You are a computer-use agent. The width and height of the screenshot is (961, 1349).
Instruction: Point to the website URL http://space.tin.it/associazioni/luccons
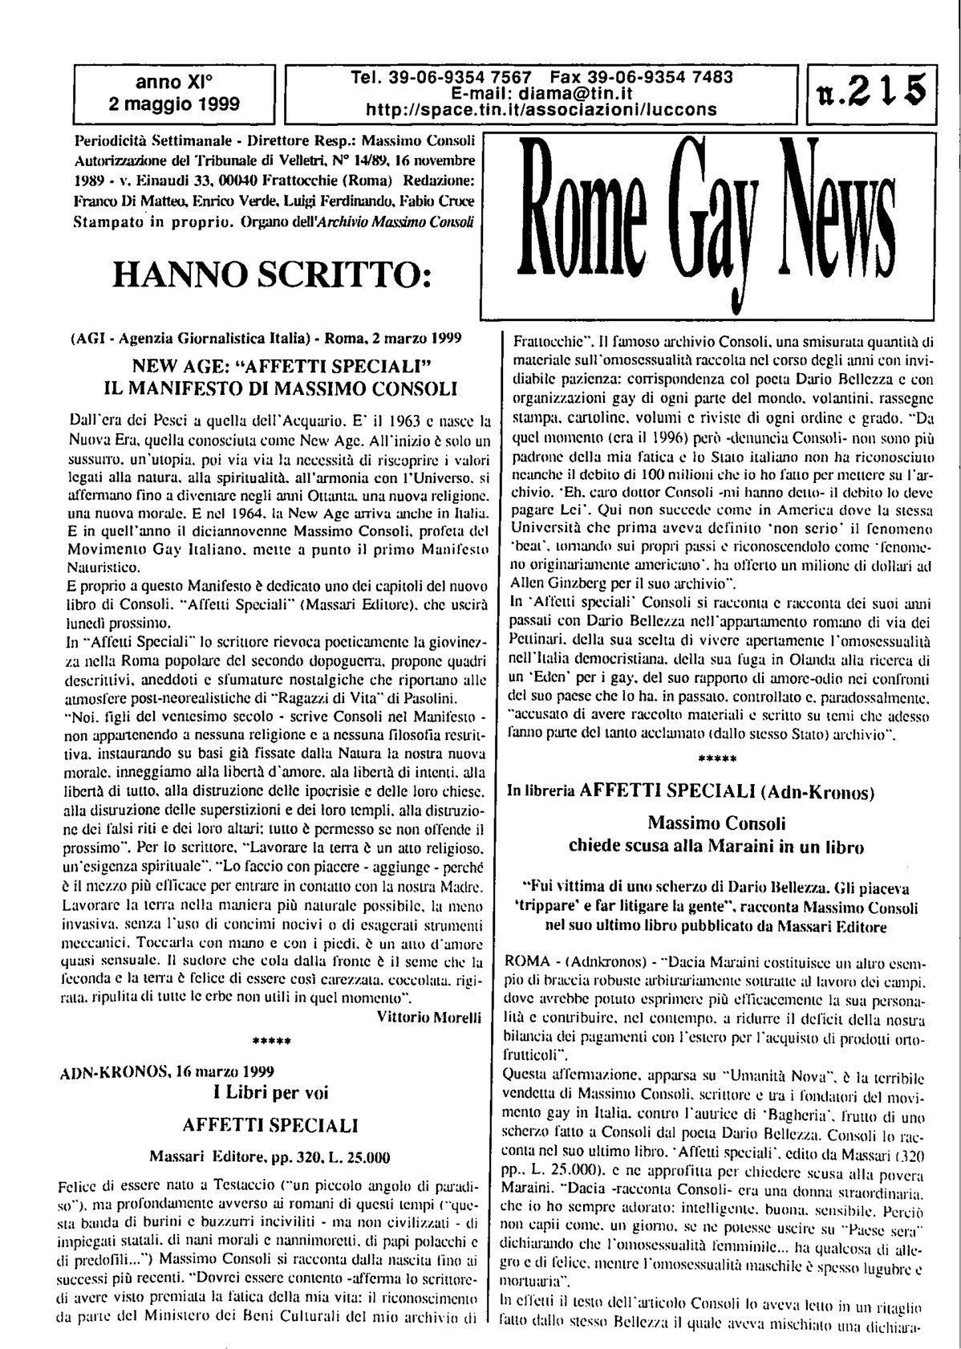pos(541,108)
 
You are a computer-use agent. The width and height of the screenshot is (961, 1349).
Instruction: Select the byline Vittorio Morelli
pos(428,1017)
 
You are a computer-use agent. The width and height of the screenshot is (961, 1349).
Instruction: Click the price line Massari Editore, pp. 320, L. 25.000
pos(270,1157)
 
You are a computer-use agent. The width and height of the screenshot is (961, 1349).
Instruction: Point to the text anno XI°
pos(174,81)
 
